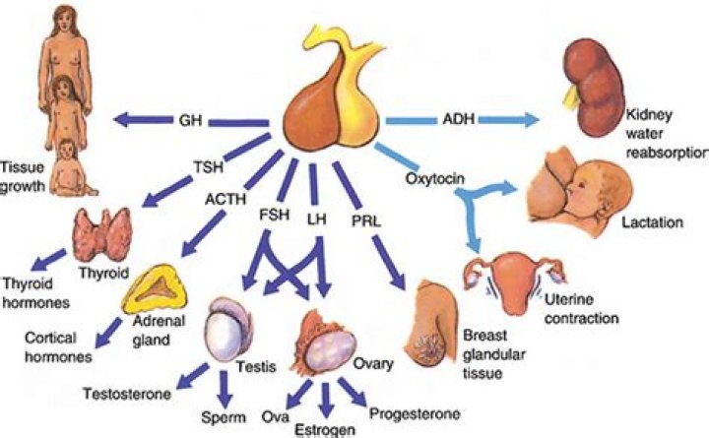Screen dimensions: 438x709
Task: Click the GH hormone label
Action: pos(190,122)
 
